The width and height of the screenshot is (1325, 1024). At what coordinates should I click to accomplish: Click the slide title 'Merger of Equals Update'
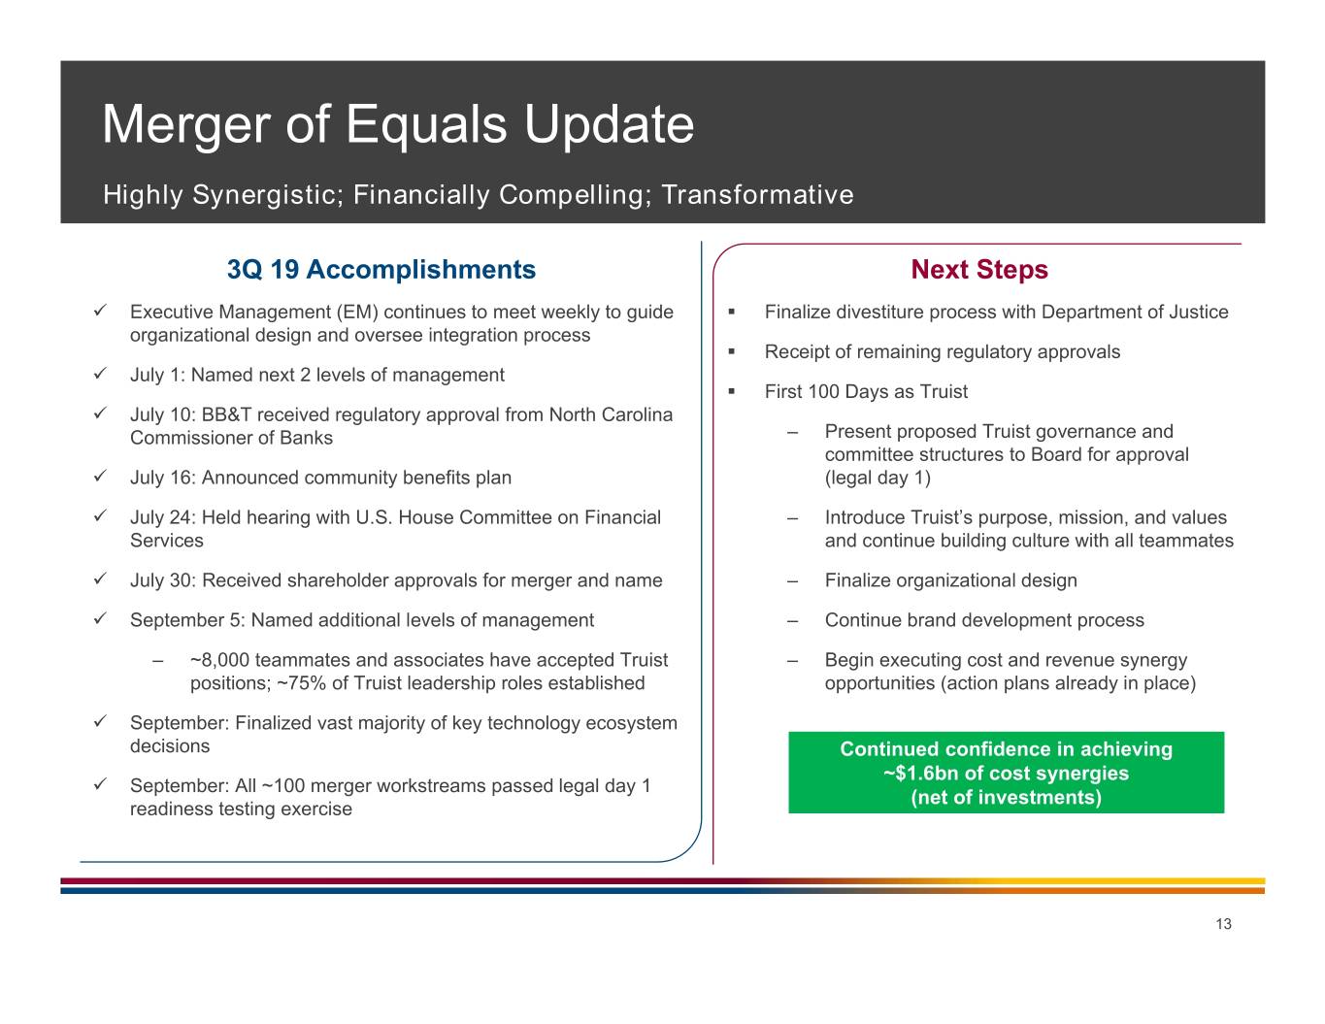click(x=398, y=125)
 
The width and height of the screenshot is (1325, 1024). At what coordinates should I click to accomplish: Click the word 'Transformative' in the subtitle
click(x=757, y=195)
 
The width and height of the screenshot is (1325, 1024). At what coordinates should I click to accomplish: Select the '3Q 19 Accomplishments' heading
click(x=381, y=270)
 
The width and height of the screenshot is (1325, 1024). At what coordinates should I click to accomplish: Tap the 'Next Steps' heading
click(x=979, y=270)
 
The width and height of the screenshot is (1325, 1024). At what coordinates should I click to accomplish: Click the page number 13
click(x=1223, y=924)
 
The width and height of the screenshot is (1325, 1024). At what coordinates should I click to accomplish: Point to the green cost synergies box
click(x=1006, y=773)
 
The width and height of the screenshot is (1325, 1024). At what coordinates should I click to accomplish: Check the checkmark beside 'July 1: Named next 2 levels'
click(x=101, y=373)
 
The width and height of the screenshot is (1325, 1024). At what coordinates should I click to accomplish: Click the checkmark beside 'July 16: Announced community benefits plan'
click(x=101, y=476)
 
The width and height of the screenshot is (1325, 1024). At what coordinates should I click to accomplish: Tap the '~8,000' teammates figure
click(x=219, y=660)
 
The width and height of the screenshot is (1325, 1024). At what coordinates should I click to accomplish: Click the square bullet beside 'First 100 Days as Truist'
click(x=732, y=392)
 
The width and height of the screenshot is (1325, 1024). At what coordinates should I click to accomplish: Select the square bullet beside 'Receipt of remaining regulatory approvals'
click(x=732, y=352)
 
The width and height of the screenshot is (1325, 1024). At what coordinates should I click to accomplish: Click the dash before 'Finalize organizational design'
click(x=793, y=581)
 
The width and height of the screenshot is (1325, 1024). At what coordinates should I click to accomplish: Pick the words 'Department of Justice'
click(x=1135, y=313)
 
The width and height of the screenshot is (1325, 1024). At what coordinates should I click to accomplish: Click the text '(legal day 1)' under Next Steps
click(x=878, y=478)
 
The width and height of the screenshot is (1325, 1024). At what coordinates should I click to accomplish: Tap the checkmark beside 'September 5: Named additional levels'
click(x=101, y=618)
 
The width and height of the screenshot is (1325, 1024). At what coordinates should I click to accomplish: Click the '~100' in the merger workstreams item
click(x=282, y=785)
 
